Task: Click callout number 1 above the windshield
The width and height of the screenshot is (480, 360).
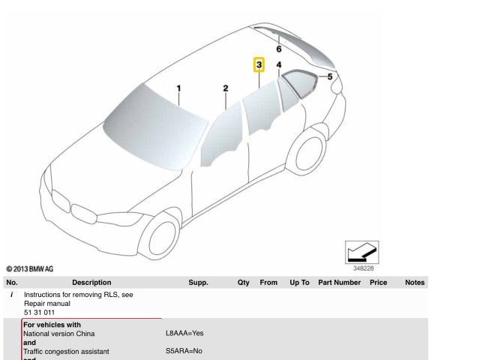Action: coord(178,88)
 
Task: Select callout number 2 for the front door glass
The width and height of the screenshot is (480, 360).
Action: coord(226,88)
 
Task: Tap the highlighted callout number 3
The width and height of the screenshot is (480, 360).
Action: coord(259,64)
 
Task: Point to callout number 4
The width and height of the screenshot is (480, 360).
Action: coord(279,65)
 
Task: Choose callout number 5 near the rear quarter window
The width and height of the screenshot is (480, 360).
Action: coord(330,76)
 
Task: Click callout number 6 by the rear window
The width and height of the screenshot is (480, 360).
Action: coord(279,49)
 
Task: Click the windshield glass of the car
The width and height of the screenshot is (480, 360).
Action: coord(154,125)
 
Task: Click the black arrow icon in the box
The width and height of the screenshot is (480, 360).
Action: coord(361,252)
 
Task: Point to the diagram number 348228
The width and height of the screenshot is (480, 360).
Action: coord(363,268)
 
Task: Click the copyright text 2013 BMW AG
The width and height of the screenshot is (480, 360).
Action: coord(30,269)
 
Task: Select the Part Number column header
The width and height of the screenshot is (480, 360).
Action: coord(339,282)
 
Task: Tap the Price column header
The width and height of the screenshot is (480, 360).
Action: coord(378,282)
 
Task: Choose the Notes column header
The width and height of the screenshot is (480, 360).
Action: coord(415,282)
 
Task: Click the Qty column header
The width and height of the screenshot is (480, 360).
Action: coord(243,282)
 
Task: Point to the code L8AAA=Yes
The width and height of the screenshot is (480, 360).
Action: coord(184,333)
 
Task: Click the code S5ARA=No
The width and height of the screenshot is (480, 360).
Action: coord(184,351)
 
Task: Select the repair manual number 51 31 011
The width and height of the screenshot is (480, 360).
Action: coord(39,313)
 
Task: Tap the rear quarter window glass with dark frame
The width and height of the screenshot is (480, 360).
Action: coord(301,83)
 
